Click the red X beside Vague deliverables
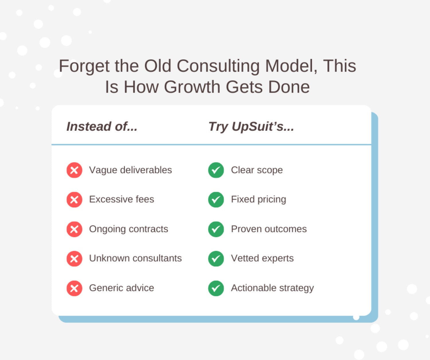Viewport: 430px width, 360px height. (x=74, y=170)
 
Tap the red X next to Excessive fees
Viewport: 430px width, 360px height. (x=74, y=200)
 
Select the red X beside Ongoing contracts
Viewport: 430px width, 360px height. (x=74, y=229)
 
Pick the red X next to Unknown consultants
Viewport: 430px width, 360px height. (x=74, y=259)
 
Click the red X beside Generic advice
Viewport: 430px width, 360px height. (x=74, y=288)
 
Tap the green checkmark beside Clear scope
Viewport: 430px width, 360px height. (x=216, y=170)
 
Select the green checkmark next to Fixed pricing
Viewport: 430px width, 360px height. (x=216, y=200)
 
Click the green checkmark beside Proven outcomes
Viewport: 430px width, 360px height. (x=216, y=229)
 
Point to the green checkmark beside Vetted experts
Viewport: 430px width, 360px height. (x=216, y=259)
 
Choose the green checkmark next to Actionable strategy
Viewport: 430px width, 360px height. (x=216, y=288)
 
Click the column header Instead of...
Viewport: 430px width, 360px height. (x=102, y=126)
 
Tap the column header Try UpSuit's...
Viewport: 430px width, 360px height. (x=251, y=127)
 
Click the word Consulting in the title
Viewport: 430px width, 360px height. (x=218, y=66)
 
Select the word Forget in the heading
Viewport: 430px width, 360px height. (x=84, y=66)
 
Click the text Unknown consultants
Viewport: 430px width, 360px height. (x=135, y=258)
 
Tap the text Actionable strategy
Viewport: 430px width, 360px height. (x=272, y=288)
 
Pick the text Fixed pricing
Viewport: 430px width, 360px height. (x=259, y=200)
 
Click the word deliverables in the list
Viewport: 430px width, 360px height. (x=146, y=170)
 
